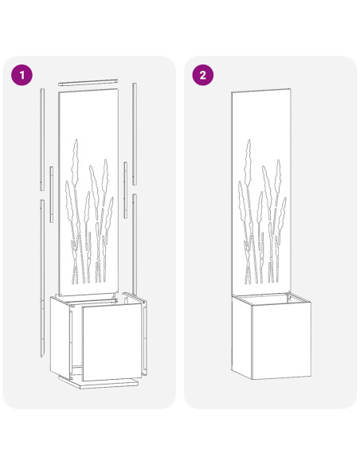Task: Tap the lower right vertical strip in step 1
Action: pos(136,239)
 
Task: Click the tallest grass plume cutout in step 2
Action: pos(248,171)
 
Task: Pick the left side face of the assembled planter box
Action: pos(237,338)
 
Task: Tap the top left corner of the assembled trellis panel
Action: pos(233,93)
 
